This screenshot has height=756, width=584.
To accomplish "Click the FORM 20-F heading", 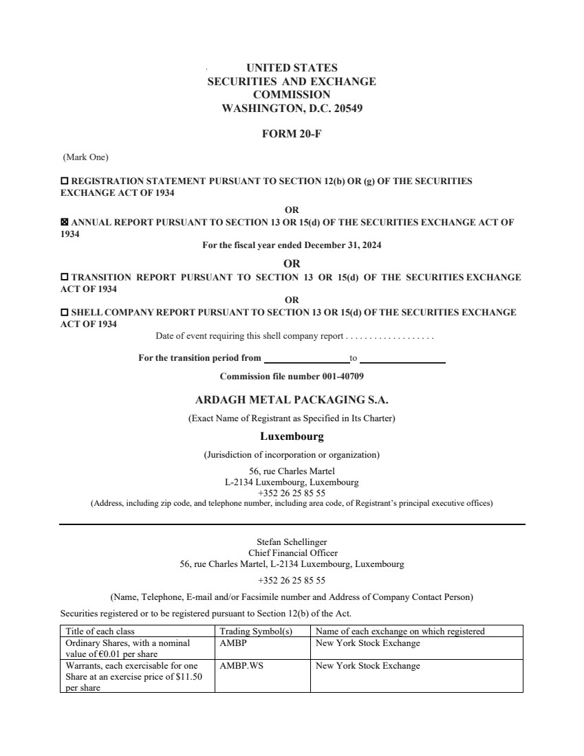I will (x=292, y=134).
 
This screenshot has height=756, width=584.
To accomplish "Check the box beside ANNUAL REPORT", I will (x=65, y=223).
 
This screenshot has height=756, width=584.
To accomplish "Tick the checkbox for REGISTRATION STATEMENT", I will (x=65, y=181).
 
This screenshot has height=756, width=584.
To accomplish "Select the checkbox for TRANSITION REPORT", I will (x=65, y=278).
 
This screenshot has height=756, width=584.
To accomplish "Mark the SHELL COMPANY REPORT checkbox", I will (x=65, y=313).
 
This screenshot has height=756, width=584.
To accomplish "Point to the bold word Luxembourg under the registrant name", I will (x=292, y=436).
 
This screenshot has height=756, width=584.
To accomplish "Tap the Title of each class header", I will (x=100, y=632).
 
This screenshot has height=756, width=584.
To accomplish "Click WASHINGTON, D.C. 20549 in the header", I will (x=292, y=108).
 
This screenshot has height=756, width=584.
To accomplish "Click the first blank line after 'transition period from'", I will (x=307, y=359).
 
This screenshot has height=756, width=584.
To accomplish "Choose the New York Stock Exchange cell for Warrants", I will (x=367, y=666).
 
